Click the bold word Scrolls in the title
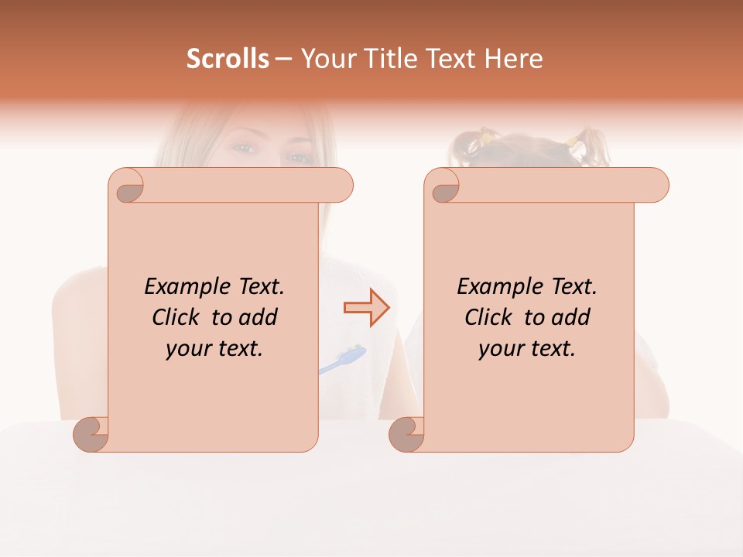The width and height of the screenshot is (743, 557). tap(228, 59)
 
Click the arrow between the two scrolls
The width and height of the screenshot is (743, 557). tap(366, 308)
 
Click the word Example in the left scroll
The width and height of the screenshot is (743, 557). tap(180, 287)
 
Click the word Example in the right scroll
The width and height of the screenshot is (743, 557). tap(492, 287)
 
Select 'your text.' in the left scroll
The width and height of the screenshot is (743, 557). tap(214, 348)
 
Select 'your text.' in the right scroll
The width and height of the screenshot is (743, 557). tap(527, 348)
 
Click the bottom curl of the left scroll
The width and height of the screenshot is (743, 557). tap(91, 433)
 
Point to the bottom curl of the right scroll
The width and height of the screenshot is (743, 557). tap(407, 433)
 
